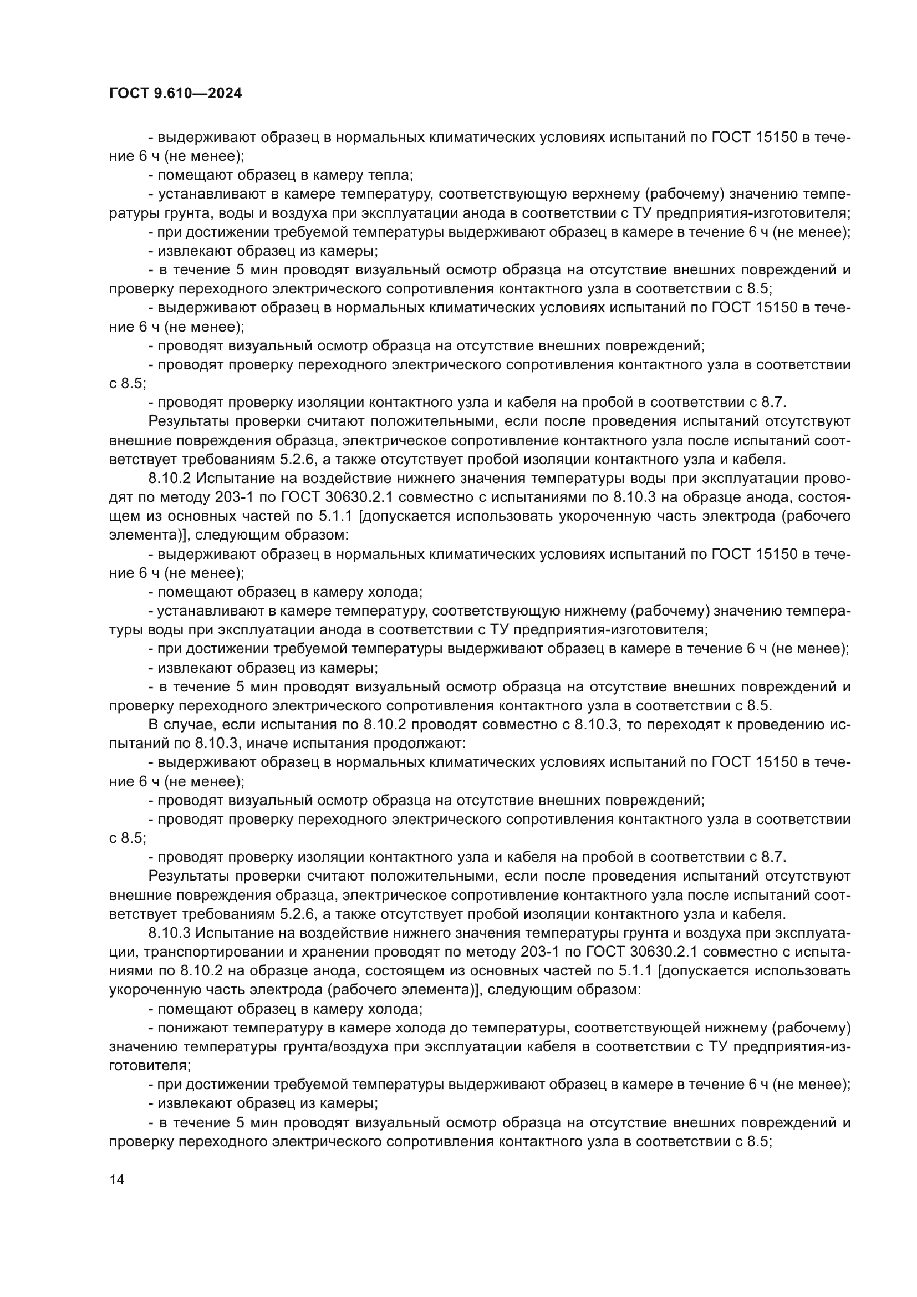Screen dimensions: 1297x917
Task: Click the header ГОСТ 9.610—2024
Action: [x=175, y=94]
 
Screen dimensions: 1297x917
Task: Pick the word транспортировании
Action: [x=213, y=952]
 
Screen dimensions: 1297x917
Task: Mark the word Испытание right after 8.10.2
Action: [x=232, y=479]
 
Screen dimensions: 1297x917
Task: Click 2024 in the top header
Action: [x=225, y=94]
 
